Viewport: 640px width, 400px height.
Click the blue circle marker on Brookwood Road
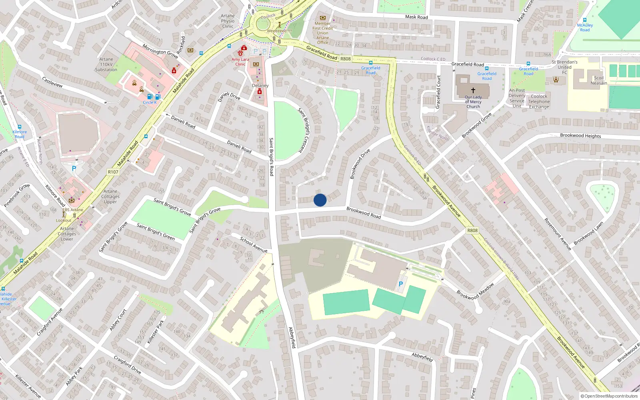320,200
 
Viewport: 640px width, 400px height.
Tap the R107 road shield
113,172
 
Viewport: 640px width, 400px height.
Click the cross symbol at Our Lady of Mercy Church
473,90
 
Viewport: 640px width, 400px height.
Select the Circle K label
150,102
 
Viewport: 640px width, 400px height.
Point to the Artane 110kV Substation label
106,64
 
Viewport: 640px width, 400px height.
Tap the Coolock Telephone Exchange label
539,102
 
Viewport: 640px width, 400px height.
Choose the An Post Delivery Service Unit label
517,98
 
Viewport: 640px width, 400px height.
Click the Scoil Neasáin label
599,80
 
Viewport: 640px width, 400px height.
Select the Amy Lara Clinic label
240,62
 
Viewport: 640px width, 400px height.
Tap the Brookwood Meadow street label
475,291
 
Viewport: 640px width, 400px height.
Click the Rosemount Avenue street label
558,234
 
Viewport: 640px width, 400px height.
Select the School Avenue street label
254,244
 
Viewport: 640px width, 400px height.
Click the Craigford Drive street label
127,364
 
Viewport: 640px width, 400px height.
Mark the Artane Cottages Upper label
110,196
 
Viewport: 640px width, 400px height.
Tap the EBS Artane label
73,210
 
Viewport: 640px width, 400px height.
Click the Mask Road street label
416,17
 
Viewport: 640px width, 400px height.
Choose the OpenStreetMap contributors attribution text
609,396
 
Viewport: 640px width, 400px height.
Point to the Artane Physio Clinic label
228,21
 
